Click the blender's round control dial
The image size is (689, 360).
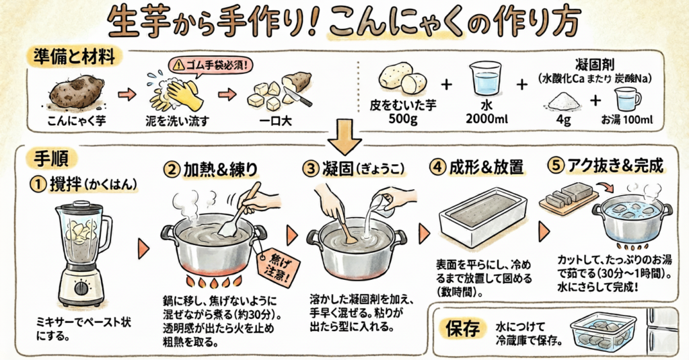[81, 289]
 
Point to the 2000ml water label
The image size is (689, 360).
[486, 118]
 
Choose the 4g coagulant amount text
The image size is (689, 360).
[563, 120]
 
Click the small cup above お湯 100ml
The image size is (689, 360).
[627, 99]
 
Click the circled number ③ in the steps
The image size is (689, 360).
[312, 169]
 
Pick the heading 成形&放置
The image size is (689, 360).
[486, 168]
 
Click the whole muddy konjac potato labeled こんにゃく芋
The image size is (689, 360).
[76, 92]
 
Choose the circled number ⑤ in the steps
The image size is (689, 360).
[556, 167]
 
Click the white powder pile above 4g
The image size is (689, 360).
[563, 102]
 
